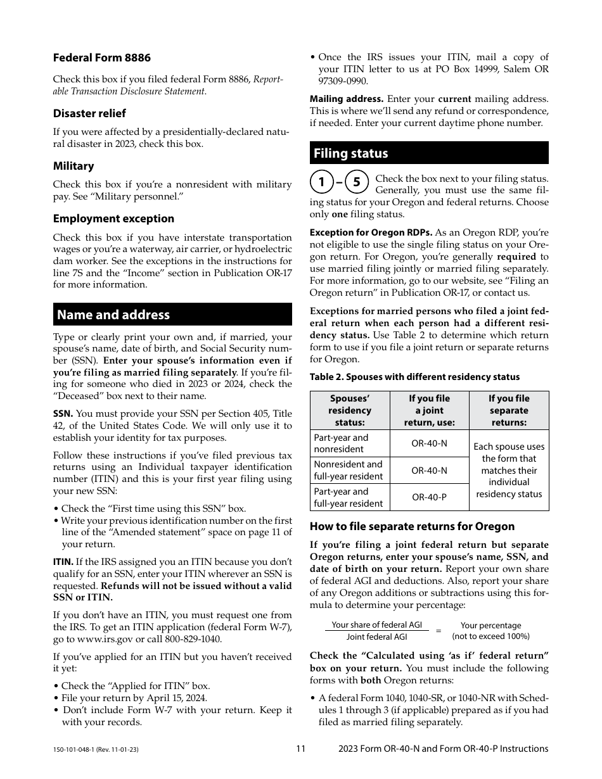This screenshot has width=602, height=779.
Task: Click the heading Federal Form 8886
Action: tap(101, 58)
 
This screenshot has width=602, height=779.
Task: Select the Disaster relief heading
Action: tap(89, 113)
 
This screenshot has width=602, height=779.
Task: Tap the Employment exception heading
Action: tap(113, 218)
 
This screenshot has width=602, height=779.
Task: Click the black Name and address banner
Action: tap(172, 315)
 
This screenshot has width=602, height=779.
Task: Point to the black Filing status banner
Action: tap(429, 153)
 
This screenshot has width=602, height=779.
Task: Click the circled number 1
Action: tap(322, 182)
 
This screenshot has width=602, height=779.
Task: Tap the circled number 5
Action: tap(357, 182)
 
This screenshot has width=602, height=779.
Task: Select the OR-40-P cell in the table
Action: tap(429, 497)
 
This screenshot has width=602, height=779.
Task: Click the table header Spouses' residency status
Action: tap(349, 410)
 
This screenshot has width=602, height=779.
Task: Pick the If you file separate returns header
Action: tap(509, 410)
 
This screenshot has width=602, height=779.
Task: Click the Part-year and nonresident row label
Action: tap(341, 443)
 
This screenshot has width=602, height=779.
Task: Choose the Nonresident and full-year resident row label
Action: tap(348, 470)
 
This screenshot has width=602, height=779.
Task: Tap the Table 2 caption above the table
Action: tap(414, 377)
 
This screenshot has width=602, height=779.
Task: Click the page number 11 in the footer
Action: tap(300, 749)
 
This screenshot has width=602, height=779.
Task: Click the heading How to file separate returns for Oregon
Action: tap(412, 526)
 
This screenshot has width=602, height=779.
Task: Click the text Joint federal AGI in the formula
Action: tap(376, 637)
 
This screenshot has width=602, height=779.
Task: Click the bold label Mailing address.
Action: tap(346, 99)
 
